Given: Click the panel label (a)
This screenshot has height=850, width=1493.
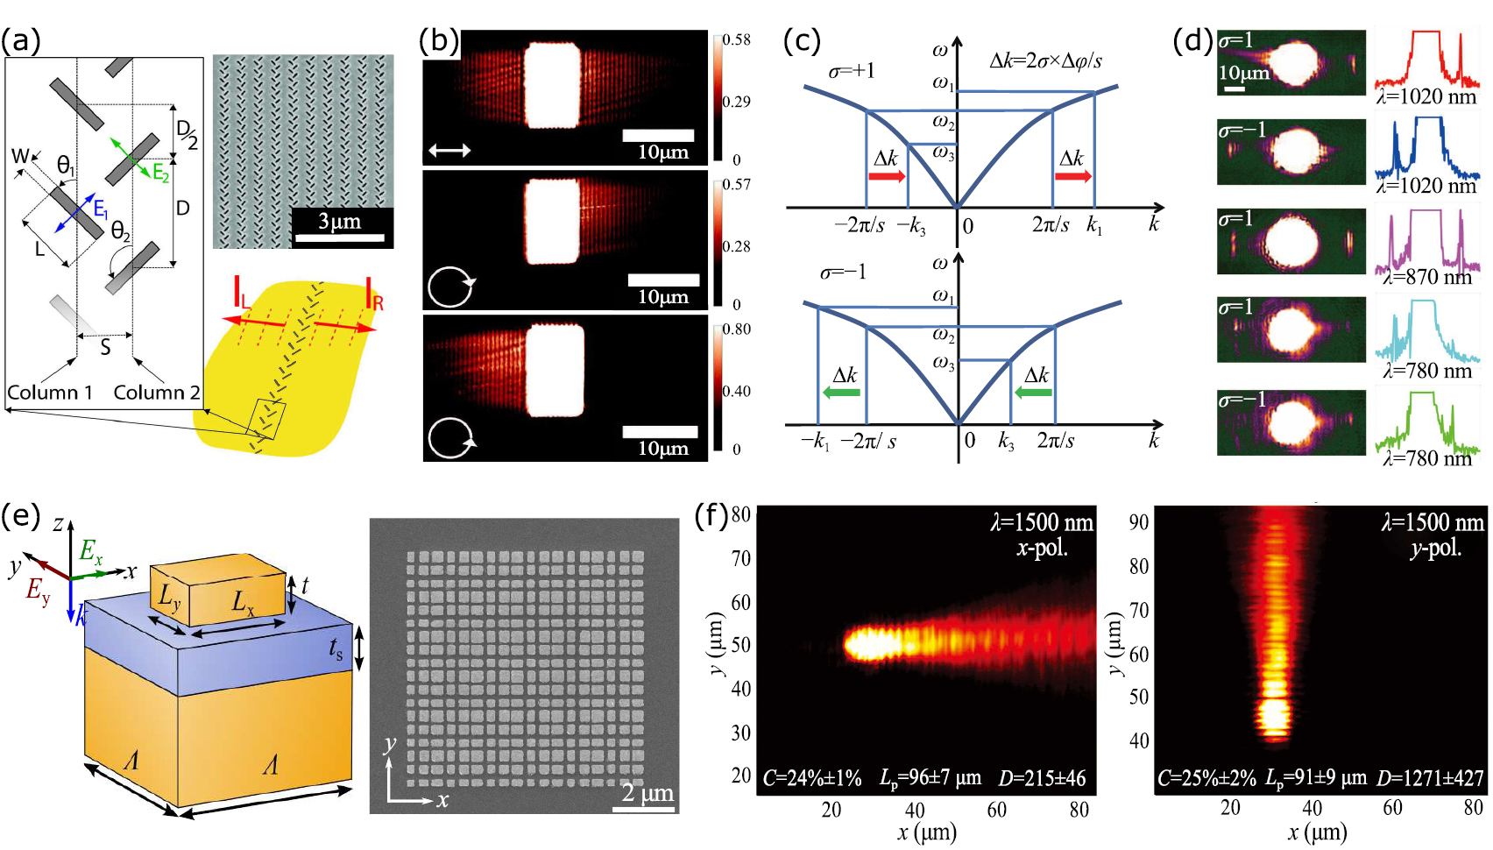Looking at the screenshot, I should click(x=21, y=40).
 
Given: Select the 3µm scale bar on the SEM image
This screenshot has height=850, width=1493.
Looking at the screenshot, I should click(x=339, y=237).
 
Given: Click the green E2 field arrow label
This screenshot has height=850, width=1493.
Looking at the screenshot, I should click(x=160, y=172).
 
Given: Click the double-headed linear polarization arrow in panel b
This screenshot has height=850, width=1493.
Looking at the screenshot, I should click(x=449, y=151).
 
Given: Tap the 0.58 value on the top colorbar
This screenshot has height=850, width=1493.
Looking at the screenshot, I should click(x=737, y=39).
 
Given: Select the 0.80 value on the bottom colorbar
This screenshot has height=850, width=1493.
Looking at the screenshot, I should click(x=737, y=329).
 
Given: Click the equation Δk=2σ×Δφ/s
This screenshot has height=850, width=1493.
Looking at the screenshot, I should click(x=1044, y=60).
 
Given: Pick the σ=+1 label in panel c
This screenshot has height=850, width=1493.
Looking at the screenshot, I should click(x=852, y=70).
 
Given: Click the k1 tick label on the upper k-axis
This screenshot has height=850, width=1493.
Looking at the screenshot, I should click(x=1094, y=225).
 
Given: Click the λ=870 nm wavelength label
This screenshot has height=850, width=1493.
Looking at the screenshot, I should click(x=1427, y=277).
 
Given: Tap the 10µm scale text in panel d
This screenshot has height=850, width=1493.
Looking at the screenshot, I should click(x=1243, y=73).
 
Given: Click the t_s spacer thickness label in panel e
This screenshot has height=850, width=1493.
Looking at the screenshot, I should click(x=336, y=648).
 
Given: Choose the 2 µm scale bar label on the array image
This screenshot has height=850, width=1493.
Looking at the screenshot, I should click(x=647, y=793).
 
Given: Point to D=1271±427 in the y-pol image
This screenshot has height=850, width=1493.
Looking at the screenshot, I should click(x=1430, y=778).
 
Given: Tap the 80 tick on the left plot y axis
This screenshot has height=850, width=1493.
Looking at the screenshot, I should click(x=740, y=514).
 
